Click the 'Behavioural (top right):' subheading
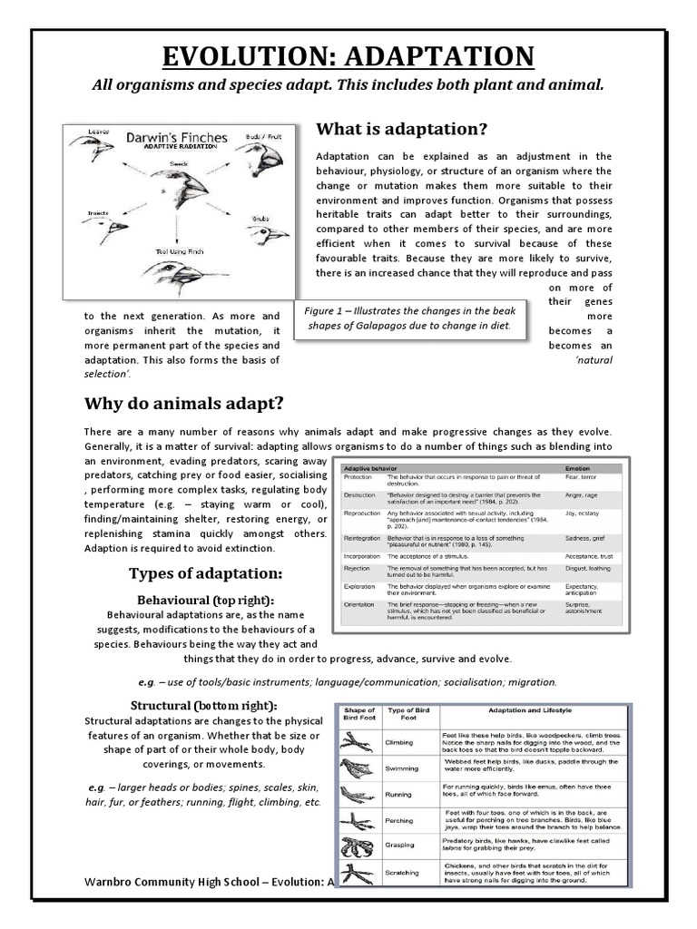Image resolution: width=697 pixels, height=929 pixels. click(204, 601)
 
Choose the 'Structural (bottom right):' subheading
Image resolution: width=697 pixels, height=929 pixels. click(204, 706)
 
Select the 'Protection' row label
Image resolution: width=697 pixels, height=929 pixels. click(359, 476)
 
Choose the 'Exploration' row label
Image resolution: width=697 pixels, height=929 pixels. click(361, 588)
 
